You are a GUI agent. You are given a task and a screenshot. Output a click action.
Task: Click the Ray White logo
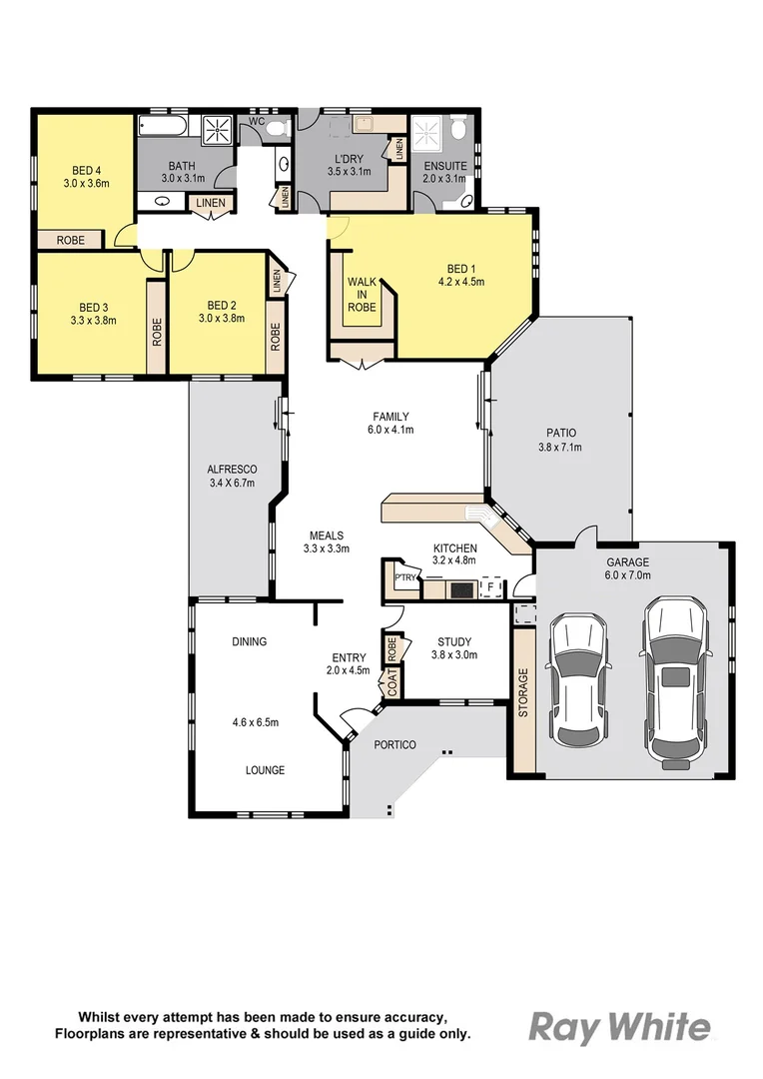[x=619, y=1027]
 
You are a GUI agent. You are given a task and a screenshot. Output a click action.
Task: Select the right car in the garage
[x=676, y=681]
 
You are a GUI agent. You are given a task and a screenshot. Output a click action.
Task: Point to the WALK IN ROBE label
[x=362, y=295]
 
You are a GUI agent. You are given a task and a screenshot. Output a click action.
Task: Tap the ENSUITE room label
[x=444, y=166]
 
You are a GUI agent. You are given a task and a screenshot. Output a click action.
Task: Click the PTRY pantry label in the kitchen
[x=404, y=577]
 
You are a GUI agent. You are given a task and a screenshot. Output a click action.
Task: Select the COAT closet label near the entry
[x=392, y=683]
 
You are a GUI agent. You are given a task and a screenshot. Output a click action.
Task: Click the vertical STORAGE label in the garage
[x=522, y=693]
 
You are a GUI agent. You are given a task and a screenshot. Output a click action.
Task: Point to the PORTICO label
[x=395, y=745]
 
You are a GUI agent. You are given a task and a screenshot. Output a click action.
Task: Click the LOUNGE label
[x=266, y=770]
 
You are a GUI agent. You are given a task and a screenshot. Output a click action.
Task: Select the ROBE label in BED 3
[x=157, y=331]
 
